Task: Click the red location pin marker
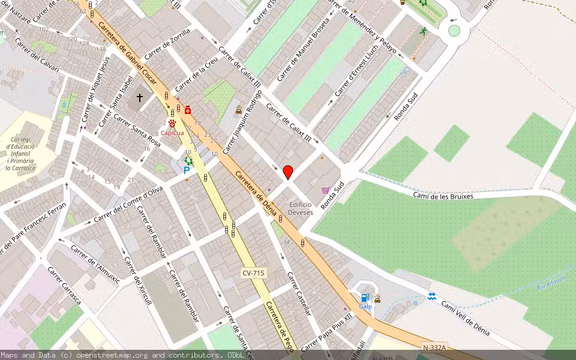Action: tap(288, 171)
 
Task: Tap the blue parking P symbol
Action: tap(187, 170)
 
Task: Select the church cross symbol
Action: tap(140, 97)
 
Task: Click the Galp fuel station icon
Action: tap(364, 298)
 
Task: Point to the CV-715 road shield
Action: tap(253, 273)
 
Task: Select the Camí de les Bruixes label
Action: tap(443, 196)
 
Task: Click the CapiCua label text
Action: tap(172, 133)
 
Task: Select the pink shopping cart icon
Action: tap(325, 190)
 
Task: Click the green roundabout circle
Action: tap(454, 31)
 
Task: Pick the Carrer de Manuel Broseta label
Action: tap(304, 52)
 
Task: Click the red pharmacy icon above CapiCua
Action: tap(188, 110)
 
